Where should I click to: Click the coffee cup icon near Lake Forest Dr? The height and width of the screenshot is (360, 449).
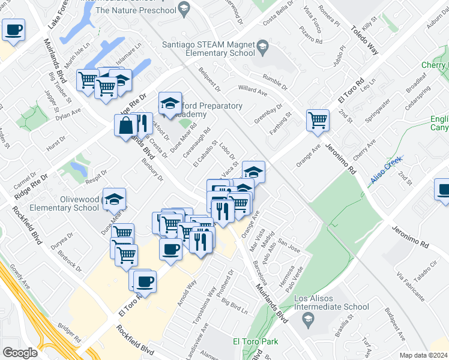13,29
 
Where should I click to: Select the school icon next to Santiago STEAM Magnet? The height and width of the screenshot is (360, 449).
262,46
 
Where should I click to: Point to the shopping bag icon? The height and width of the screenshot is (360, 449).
126,126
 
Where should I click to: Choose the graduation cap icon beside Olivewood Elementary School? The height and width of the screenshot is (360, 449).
114,199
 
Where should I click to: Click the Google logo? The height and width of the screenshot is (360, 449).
20,353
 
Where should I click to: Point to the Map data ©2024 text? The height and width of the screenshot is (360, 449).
423,355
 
